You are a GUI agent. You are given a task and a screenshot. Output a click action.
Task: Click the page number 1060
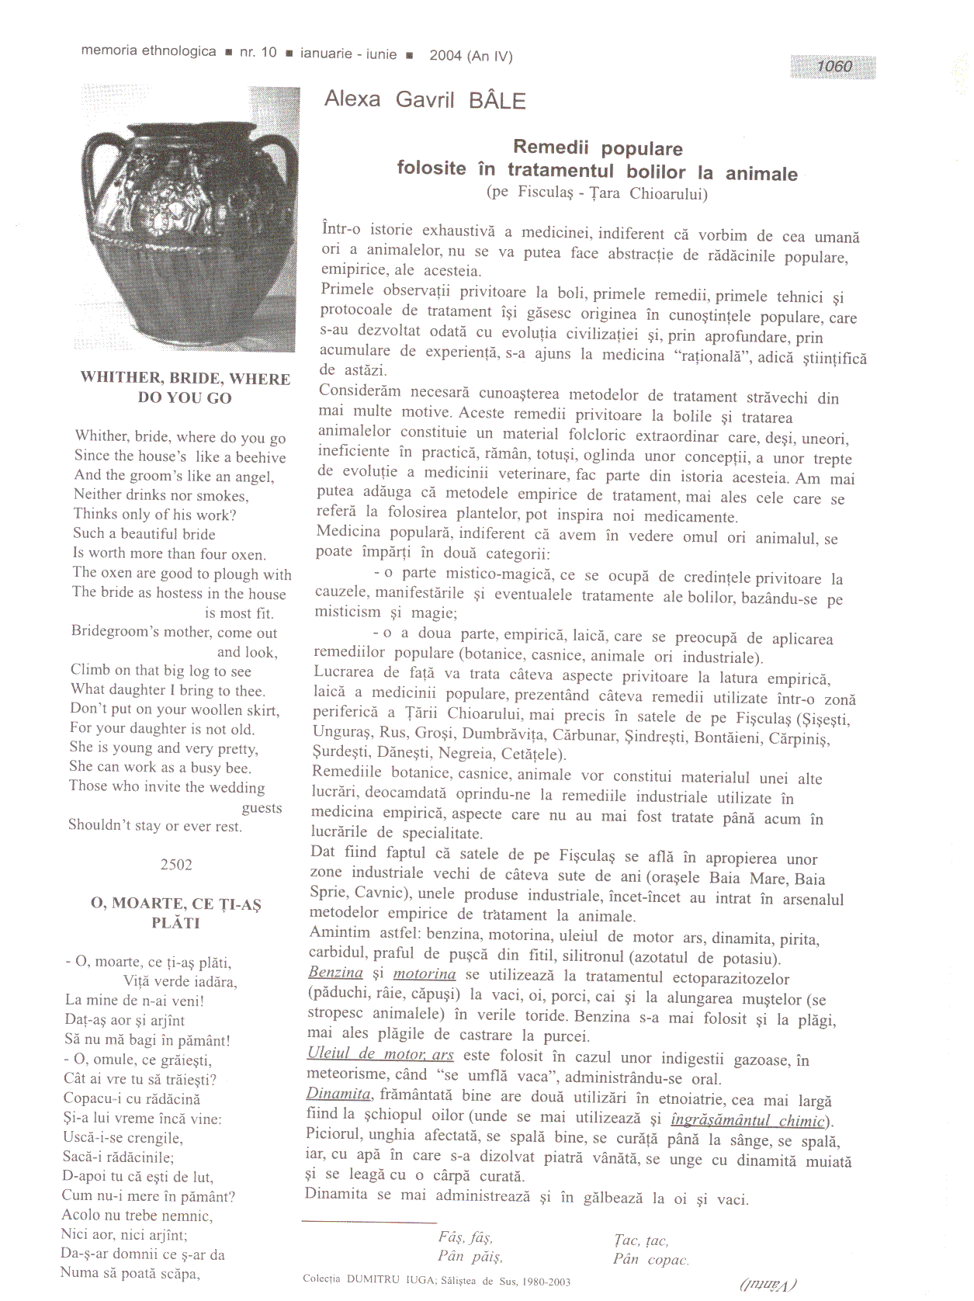834,67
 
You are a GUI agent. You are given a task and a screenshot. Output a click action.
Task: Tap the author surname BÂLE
497,101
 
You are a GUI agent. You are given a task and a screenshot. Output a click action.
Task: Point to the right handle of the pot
284,167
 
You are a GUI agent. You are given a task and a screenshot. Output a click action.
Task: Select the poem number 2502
176,865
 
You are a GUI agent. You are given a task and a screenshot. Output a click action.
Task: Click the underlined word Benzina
336,973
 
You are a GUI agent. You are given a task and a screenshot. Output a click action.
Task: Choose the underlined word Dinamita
339,1094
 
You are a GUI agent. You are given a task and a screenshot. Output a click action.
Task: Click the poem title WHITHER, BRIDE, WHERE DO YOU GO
185,387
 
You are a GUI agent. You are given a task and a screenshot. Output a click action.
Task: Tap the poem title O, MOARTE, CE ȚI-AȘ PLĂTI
176,913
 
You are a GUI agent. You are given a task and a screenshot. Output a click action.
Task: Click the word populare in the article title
642,148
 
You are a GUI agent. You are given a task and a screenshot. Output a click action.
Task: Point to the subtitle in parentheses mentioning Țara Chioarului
597,193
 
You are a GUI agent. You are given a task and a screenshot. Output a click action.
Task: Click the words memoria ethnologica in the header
149,51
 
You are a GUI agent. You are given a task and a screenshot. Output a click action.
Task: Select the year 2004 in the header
445,55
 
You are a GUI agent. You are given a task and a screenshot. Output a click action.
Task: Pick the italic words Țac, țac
641,1240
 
